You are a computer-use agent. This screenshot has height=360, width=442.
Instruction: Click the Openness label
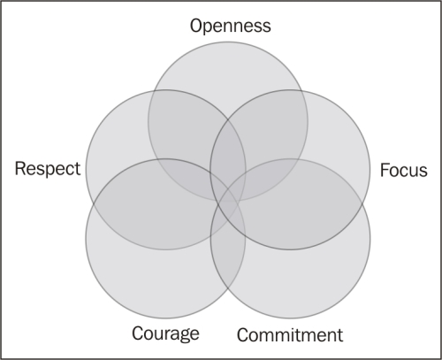(x=231, y=26)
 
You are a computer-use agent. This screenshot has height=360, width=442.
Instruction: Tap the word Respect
(x=48, y=169)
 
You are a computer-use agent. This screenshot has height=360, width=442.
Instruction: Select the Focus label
(x=404, y=170)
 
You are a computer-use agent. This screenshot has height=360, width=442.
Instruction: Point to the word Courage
(x=165, y=333)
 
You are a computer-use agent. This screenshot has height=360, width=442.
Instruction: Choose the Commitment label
(x=290, y=335)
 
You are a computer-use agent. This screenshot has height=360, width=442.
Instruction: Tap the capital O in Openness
(x=196, y=26)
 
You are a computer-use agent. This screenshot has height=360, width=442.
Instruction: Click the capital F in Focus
(x=385, y=170)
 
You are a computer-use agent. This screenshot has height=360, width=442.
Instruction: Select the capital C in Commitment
(x=243, y=335)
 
